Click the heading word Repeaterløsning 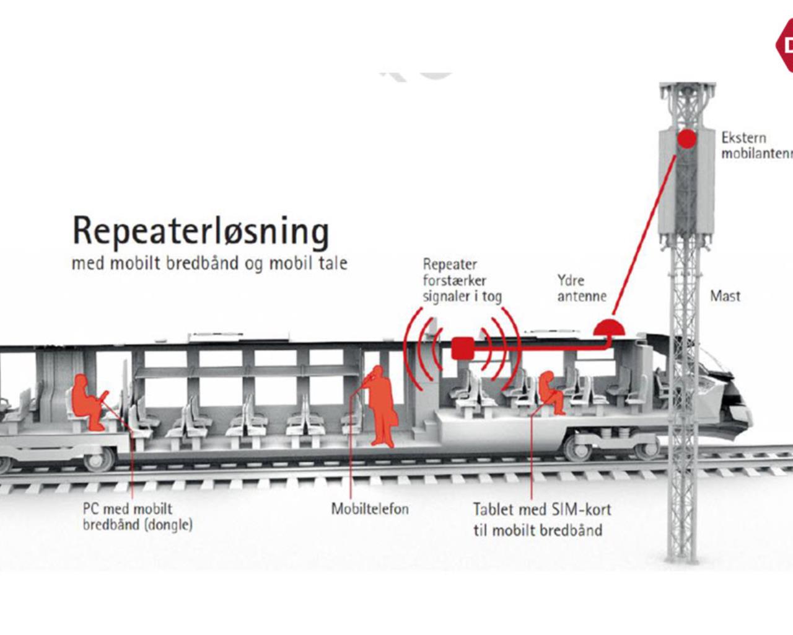(x=200, y=231)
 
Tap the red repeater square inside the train (x=461, y=349)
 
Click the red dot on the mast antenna (x=686, y=138)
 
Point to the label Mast (x=725, y=296)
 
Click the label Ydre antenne (x=581, y=288)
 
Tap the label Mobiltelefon (x=370, y=509)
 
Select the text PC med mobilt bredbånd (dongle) (x=138, y=517)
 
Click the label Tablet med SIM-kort (x=541, y=510)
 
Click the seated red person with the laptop (x=87, y=401)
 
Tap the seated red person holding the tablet (x=550, y=393)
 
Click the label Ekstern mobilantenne (x=756, y=146)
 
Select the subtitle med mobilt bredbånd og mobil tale (x=209, y=263)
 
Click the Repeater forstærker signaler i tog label (x=462, y=280)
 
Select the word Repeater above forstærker (x=450, y=265)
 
